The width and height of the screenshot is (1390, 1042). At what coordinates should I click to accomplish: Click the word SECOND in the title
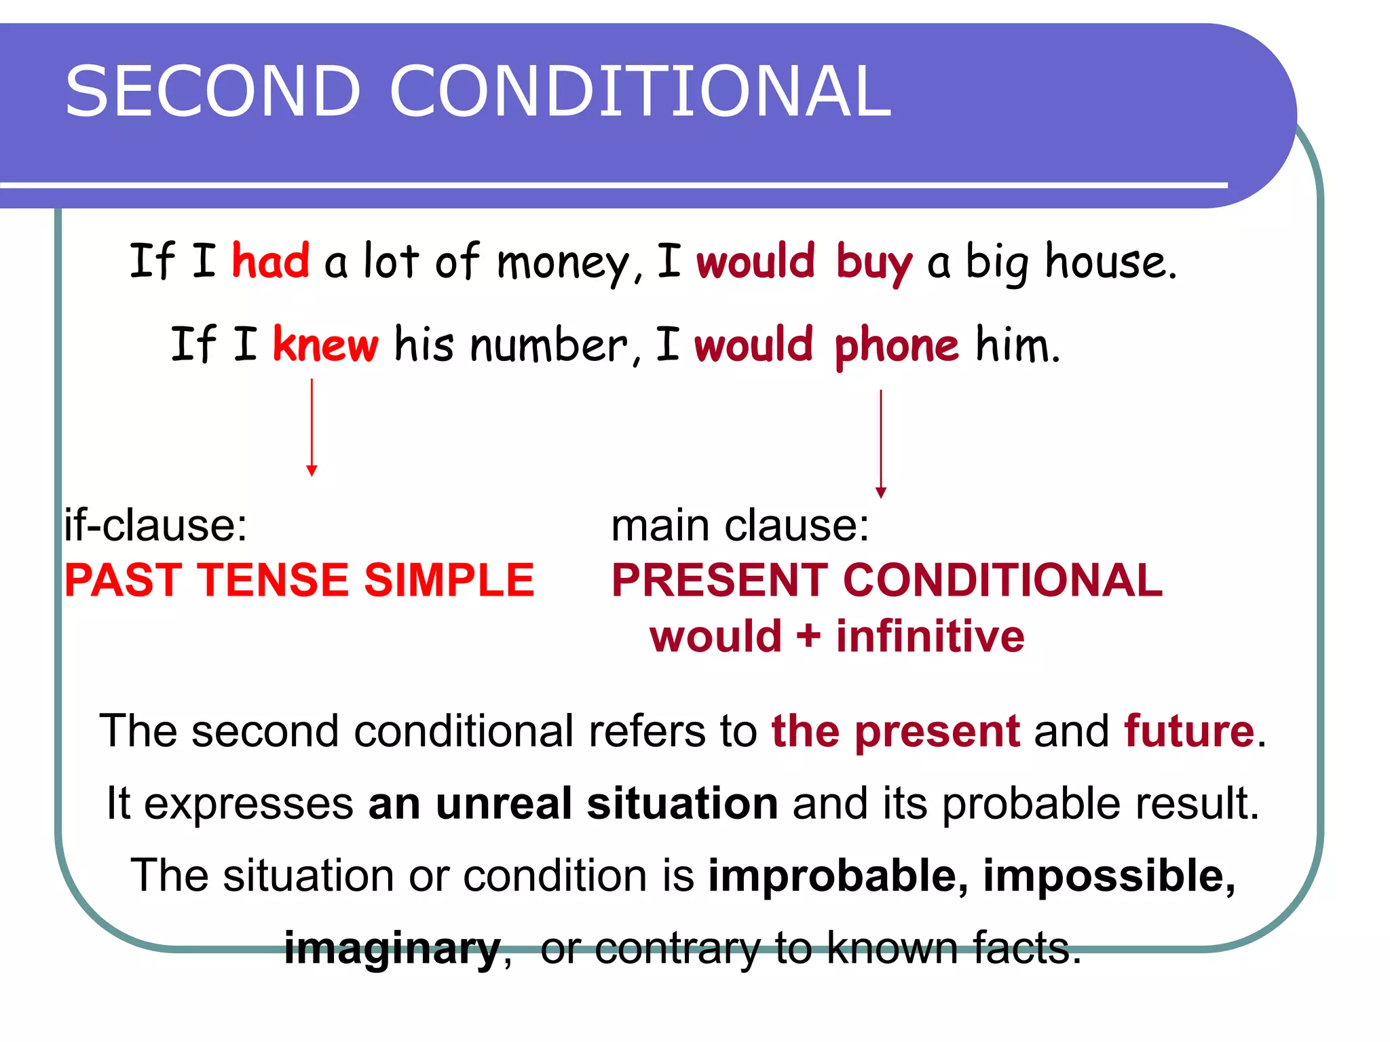[212, 92]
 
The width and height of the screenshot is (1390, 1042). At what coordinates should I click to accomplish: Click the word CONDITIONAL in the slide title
[639, 92]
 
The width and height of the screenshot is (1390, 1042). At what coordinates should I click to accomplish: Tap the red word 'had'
[270, 260]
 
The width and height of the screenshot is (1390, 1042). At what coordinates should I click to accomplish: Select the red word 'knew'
[325, 345]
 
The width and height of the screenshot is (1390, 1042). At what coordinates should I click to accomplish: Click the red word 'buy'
[874, 263]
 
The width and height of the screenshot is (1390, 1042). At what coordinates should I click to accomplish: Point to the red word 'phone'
[896, 347]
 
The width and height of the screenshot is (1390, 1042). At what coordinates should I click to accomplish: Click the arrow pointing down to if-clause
[312, 427]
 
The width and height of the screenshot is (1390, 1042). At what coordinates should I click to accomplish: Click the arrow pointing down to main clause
[881, 444]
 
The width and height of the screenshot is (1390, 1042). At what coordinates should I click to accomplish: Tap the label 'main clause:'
[740, 525]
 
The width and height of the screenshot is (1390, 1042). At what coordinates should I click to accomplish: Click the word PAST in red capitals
[123, 581]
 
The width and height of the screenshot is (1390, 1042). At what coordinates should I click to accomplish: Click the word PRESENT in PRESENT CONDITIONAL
[719, 581]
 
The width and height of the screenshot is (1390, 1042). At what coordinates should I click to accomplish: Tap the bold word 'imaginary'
[392, 948]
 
